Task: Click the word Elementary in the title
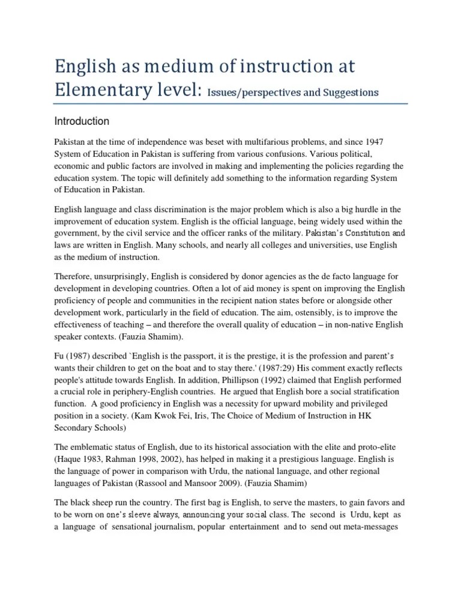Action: point(104,90)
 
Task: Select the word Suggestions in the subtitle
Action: point(349,92)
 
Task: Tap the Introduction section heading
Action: point(82,121)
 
